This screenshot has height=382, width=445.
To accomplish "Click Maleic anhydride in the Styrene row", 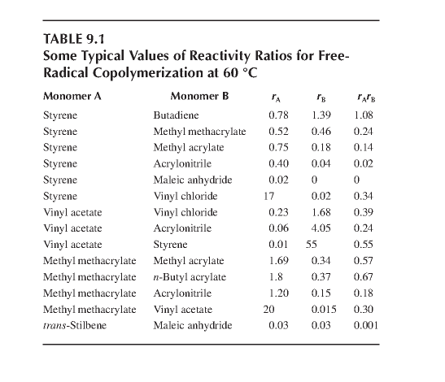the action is tap(193, 180).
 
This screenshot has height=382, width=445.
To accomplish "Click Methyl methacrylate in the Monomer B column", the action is tap(199, 132).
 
